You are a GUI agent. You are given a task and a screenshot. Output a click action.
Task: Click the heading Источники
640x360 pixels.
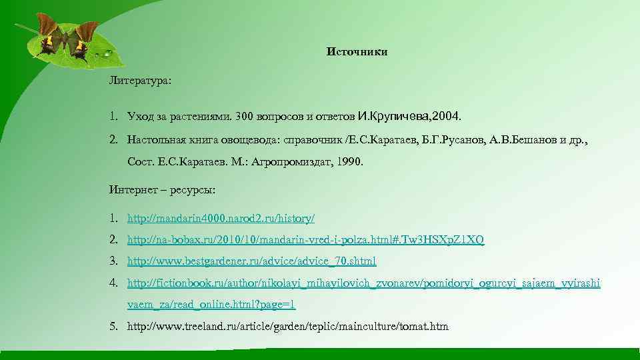[x=357, y=52]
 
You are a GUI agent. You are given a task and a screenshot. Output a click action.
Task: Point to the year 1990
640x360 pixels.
[x=349, y=162]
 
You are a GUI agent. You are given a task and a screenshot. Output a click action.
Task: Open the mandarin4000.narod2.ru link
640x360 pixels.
[x=221, y=218]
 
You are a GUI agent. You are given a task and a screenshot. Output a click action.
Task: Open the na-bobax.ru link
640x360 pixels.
[x=306, y=240]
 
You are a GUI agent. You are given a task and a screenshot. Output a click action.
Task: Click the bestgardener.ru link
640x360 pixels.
[x=252, y=261]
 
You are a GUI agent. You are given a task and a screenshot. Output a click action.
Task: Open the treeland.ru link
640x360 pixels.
[x=288, y=327]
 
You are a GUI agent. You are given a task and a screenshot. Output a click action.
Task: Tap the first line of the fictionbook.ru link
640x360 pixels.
[x=364, y=283]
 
